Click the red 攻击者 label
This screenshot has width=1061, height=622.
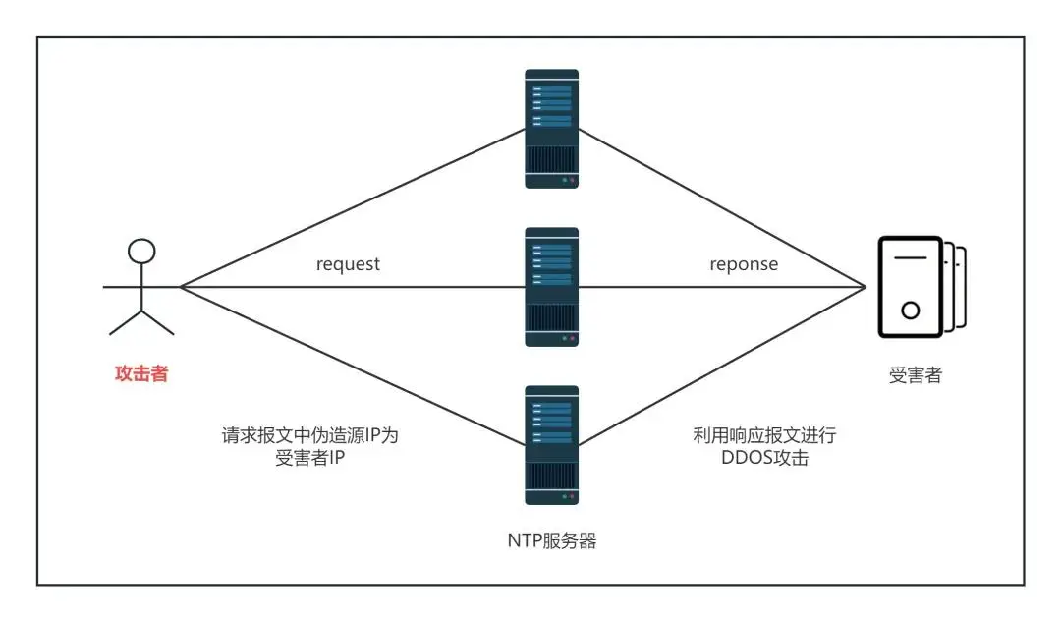tap(141, 373)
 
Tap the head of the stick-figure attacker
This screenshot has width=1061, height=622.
tap(143, 251)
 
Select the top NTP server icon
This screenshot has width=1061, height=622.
tap(551, 128)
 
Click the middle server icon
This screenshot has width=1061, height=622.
tap(551, 286)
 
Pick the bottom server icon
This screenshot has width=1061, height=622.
tap(551, 444)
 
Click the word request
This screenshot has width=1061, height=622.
tap(348, 264)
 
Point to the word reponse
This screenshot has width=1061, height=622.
tap(744, 264)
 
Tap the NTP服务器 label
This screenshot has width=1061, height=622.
tap(551, 541)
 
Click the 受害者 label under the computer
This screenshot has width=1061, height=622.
tap(915, 374)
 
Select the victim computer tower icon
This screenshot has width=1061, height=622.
tap(912, 286)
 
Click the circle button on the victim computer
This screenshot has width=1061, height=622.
tap(910, 311)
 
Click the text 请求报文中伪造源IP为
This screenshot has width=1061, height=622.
tap(309, 435)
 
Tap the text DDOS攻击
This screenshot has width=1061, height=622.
tap(764, 458)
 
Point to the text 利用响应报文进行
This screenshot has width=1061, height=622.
tap(764, 435)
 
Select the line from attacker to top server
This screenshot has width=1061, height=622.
tap(354, 208)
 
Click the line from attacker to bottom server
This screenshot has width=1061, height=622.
tap(354, 367)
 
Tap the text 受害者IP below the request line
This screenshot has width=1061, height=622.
tap(309, 458)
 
